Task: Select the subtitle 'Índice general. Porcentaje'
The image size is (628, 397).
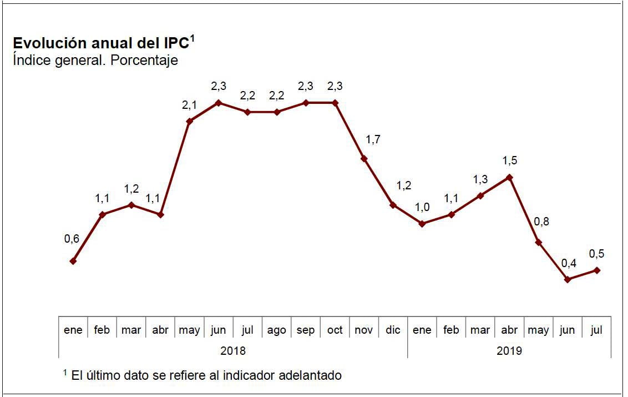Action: click(x=95, y=60)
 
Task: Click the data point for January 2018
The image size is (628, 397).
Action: click(x=73, y=261)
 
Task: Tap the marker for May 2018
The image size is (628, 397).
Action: click(x=189, y=121)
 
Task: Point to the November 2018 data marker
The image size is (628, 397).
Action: click(x=364, y=158)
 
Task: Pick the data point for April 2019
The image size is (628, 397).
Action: click(x=509, y=177)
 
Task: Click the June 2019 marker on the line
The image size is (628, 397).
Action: click(x=568, y=279)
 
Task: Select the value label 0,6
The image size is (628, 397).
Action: click(x=72, y=239)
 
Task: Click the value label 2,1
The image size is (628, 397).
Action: click(x=189, y=105)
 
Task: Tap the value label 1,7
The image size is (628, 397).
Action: click(x=373, y=139)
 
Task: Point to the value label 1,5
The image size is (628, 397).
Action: click(x=509, y=160)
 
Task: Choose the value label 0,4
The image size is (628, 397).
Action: click(x=569, y=263)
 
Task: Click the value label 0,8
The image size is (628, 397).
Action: click(x=541, y=222)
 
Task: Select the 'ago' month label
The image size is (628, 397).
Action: click(x=276, y=330)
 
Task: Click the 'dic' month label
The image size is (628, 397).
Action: click(x=393, y=330)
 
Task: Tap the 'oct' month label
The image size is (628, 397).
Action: click(x=335, y=330)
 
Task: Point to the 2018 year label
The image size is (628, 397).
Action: click(x=233, y=350)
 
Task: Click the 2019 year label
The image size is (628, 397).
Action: click(x=509, y=350)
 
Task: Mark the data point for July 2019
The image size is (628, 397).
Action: click(x=596, y=270)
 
